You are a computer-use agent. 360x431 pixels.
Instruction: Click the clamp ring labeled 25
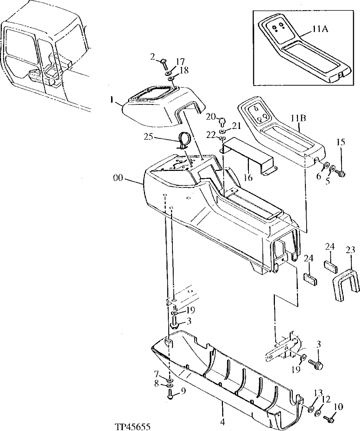pyautogui.click(x=184, y=141)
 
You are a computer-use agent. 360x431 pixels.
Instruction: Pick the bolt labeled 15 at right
pyautogui.click(x=340, y=174)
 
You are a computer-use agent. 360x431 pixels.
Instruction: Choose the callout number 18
pyautogui.click(x=184, y=71)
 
